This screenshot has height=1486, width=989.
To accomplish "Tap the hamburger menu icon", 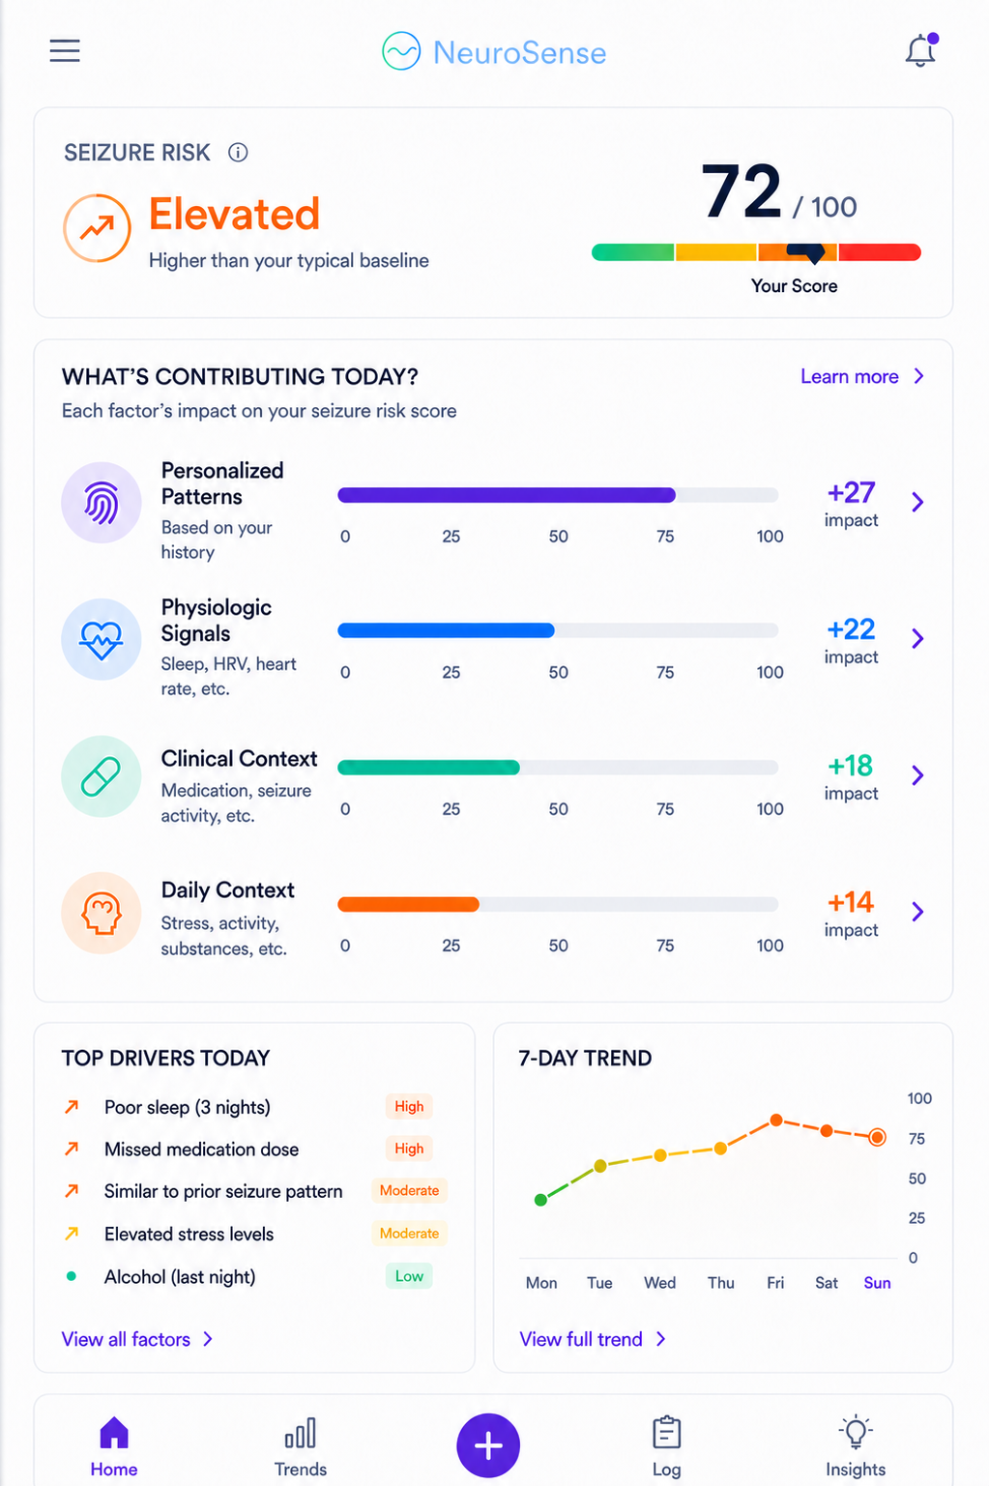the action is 65,50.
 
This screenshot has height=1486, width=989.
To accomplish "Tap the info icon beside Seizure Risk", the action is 238,153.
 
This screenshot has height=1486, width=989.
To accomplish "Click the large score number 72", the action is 742,191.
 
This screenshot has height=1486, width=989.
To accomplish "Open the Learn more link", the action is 861,376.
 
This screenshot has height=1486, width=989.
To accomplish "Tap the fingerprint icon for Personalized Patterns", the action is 102,503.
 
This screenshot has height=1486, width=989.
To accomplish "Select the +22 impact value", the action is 851,629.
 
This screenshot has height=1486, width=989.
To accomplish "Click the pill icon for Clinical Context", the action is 101,776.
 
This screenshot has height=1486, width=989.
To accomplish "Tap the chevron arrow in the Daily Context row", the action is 917,912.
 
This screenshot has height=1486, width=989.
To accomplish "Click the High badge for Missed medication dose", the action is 409,1149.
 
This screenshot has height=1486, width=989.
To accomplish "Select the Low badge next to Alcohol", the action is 409,1275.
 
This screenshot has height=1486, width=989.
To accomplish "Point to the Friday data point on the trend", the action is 775,1121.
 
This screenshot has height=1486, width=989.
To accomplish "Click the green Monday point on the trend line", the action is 540,1200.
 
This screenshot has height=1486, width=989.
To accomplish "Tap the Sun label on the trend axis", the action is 877,1282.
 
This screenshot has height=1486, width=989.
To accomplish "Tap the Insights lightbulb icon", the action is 856,1432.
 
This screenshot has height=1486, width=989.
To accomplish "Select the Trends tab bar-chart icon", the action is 301,1433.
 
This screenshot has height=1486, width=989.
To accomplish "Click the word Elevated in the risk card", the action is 234,214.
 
